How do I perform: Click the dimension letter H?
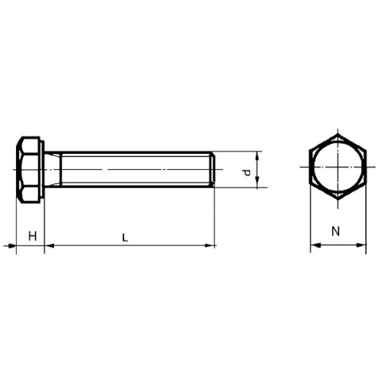coord(33,236)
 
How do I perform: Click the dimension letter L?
coord(125,238)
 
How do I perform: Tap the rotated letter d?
coord(246,173)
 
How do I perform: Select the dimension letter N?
coord(335,231)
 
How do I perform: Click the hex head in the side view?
coord(28,170)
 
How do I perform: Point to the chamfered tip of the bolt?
coord(213,169)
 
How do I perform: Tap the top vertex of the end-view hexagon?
coord(338,134)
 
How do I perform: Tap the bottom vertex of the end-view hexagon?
coord(338,200)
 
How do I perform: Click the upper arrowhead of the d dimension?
coord(258,155)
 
